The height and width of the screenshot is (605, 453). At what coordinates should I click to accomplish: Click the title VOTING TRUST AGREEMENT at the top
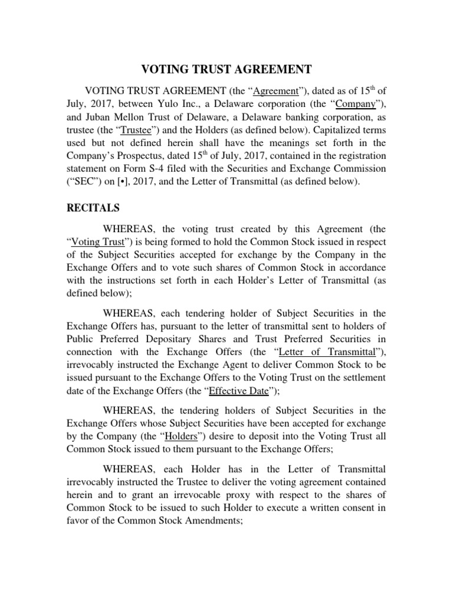coord(226,69)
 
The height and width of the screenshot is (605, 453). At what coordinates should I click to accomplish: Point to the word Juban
coord(102,118)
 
